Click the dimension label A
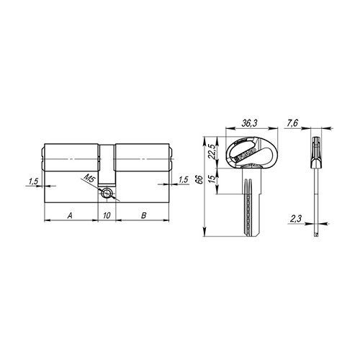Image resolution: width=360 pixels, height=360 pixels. click(x=70, y=215)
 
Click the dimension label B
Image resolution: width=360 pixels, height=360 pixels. click(x=143, y=215)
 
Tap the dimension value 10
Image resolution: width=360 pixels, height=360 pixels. click(x=107, y=215)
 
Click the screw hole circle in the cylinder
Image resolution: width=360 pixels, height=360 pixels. click(x=107, y=193)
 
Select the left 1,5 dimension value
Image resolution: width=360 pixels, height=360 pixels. click(x=33, y=181)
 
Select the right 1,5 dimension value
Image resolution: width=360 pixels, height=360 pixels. click(x=184, y=180)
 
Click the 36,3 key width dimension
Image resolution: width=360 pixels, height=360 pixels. click(x=249, y=123)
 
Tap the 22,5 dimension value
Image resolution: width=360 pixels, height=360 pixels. click(x=212, y=152)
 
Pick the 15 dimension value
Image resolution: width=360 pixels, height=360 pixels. click(x=212, y=179)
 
